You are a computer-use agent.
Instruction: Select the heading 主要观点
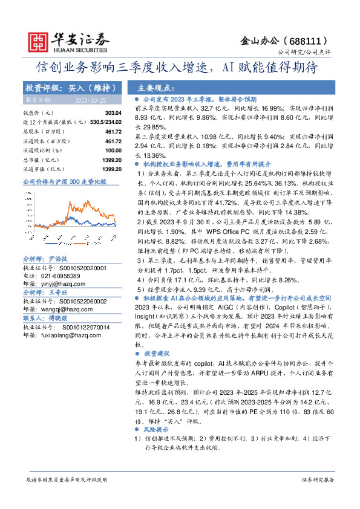(156, 87)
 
